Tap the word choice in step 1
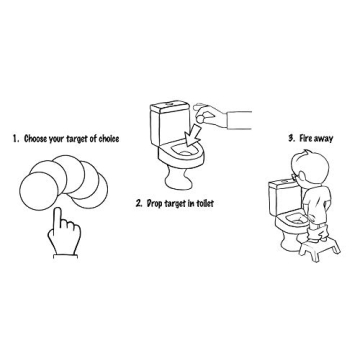pos(109,139)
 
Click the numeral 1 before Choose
pos(15,139)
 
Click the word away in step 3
pos(323,138)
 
